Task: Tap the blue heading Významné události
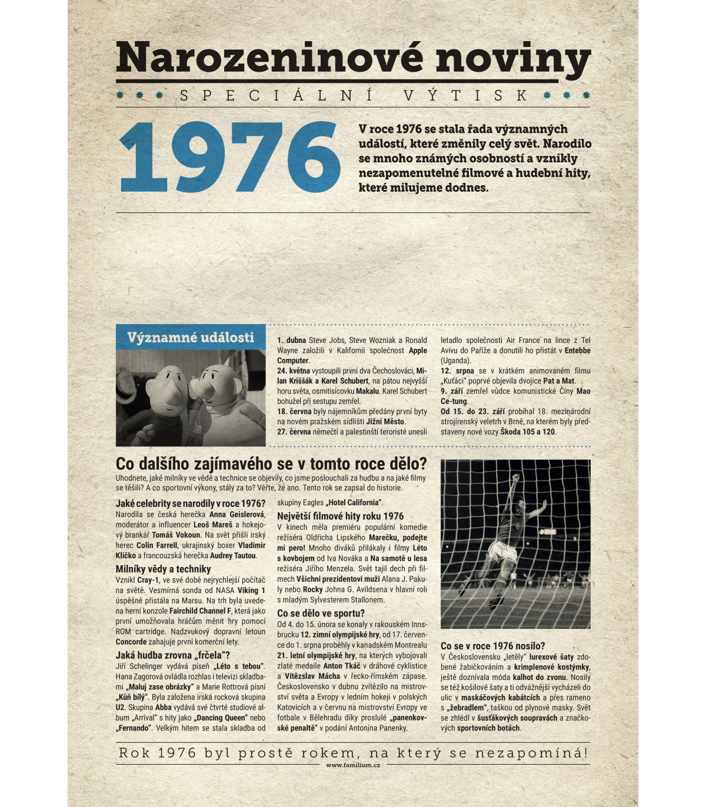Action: [x=191, y=338]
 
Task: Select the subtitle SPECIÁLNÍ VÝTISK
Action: [x=353, y=95]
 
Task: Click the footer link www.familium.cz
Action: [x=353, y=765]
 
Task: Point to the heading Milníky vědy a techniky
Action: [x=163, y=569]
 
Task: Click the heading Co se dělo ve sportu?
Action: [x=321, y=613]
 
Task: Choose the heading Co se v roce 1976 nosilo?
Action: [x=492, y=646]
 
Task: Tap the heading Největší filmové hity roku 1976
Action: [x=340, y=516]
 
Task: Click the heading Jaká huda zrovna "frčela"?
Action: [x=173, y=655]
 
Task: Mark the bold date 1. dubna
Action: [x=292, y=340]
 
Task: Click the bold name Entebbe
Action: [x=577, y=351]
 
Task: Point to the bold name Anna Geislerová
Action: [x=237, y=515]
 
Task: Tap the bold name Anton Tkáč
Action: [x=341, y=666]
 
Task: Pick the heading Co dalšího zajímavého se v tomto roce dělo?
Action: [x=271, y=463]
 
